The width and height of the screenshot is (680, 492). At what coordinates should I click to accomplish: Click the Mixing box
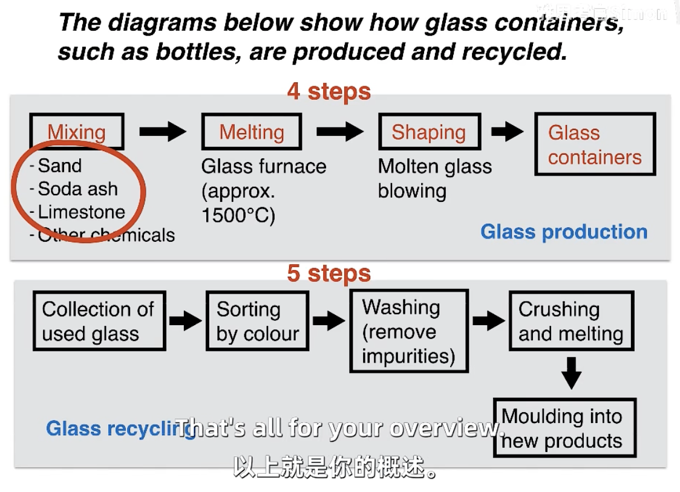(76, 132)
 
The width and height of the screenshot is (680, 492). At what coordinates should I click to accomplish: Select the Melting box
(251, 132)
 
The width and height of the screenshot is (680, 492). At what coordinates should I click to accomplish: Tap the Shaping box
(428, 132)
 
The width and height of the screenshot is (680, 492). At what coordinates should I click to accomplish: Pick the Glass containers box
(595, 144)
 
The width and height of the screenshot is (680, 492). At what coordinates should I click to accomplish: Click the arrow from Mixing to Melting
(162, 131)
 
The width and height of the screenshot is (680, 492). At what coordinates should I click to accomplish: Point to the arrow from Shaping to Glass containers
(507, 131)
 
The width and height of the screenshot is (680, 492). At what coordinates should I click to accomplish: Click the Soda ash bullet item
(77, 189)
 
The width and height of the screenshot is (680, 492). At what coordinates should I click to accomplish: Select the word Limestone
(81, 212)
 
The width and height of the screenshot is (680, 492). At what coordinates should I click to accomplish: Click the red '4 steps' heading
(329, 91)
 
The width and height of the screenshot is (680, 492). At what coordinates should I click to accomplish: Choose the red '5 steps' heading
(329, 273)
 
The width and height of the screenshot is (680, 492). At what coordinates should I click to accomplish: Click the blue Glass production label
(564, 232)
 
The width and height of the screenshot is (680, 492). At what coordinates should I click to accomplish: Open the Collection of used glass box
(99, 321)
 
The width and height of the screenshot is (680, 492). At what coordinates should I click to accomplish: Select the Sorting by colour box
(257, 321)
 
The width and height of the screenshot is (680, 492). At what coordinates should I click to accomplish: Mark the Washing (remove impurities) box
(408, 331)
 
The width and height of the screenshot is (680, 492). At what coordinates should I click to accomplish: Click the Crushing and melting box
(570, 321)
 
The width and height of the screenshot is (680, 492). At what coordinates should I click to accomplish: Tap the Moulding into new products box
(564, 428)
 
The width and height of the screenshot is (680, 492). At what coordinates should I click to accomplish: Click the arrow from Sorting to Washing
(329, 320)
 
